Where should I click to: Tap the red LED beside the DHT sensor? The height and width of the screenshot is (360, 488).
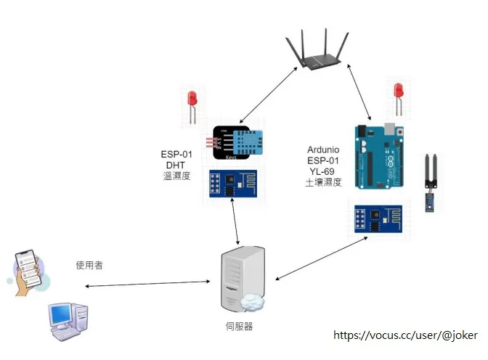click(x=192, y=104)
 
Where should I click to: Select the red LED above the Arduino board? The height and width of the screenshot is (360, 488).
click(x=397, y=97)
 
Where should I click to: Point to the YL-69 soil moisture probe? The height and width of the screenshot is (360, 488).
click(x=432, y=181)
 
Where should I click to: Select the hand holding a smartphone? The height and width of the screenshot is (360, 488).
click(x=28, y=273)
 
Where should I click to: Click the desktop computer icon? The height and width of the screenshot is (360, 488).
click(x=70, y=322)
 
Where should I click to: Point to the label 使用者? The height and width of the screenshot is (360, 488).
click(x=89, y=266)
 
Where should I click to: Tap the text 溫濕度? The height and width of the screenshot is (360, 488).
click(x=176, y=176)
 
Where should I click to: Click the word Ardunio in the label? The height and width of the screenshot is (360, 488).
click(x=323, y=150)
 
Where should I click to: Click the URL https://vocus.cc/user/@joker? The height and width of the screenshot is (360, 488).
click(x=405, y=335)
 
